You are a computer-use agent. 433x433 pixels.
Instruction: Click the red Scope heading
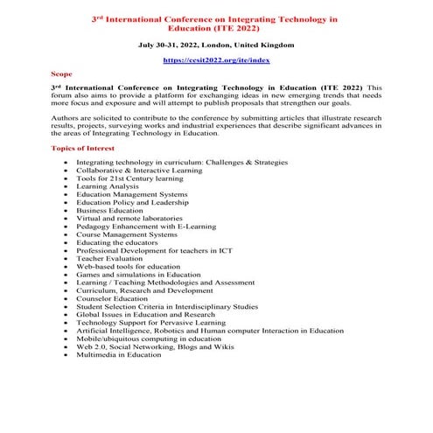pyautogui.click(x=62, y=75)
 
